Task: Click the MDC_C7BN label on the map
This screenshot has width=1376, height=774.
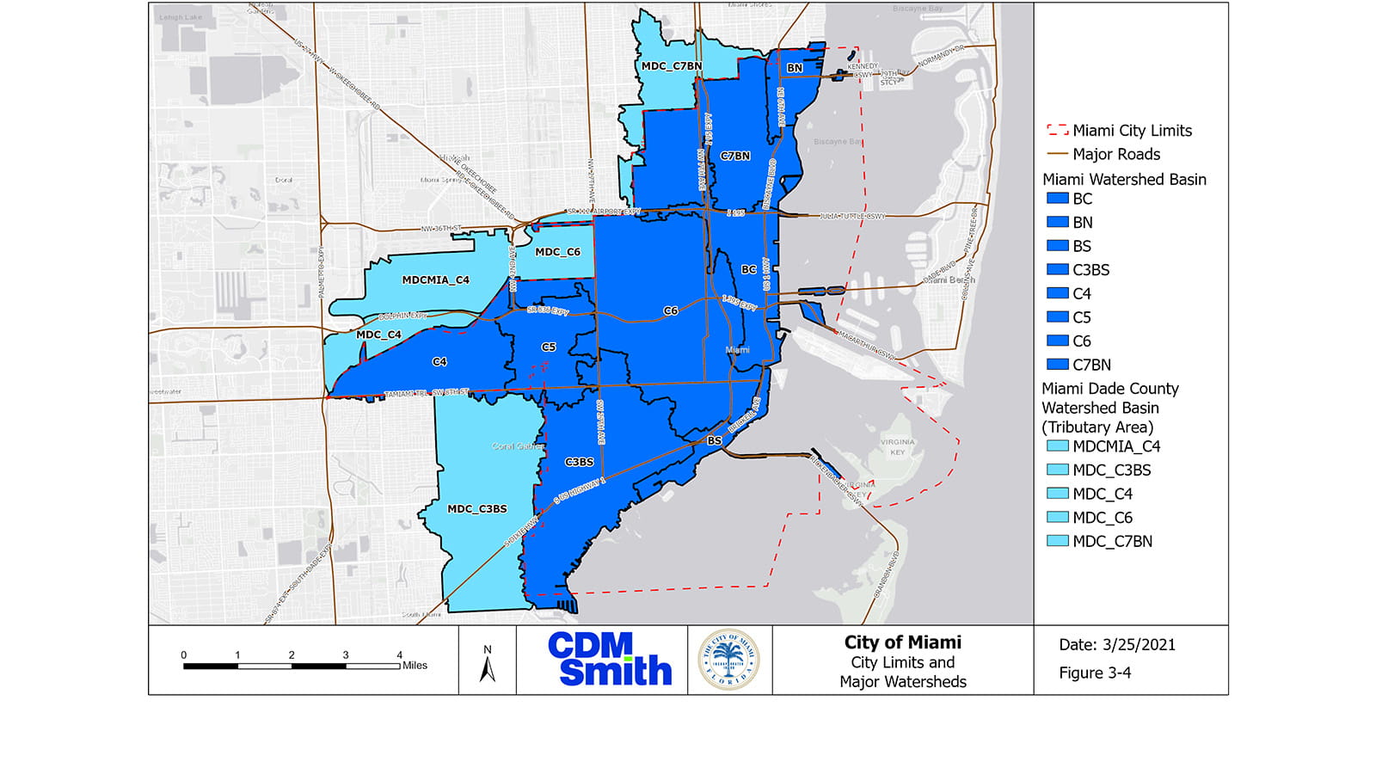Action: point(672,66)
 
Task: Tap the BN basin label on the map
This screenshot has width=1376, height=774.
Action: point(795,68)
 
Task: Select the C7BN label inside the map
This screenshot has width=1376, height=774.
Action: point(735,157)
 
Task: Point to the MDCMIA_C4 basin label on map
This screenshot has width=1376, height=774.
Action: point(436,280)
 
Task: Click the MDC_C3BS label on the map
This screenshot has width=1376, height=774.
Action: point(477,509)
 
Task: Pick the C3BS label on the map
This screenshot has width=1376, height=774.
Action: point(580,463)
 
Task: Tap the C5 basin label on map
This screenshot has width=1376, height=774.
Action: point(549,347)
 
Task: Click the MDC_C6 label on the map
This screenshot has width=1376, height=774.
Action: point(557,252)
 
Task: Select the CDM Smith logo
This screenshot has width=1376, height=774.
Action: point(609,660)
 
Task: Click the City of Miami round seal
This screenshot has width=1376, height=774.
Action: point(728,660)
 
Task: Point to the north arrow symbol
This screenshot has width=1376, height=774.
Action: point(488,664)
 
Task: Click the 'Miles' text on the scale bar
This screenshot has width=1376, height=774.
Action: point(415,666)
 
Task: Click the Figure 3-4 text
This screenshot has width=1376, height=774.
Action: point(1095,673)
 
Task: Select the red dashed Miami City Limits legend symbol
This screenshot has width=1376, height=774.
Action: point(1057,131)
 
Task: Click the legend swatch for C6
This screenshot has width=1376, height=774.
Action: point(1057,341)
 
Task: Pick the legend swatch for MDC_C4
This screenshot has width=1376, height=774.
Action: point(1057,494)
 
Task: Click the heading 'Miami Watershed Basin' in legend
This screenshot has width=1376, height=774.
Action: point(1124,180)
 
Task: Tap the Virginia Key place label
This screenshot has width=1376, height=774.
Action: point(897,446)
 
